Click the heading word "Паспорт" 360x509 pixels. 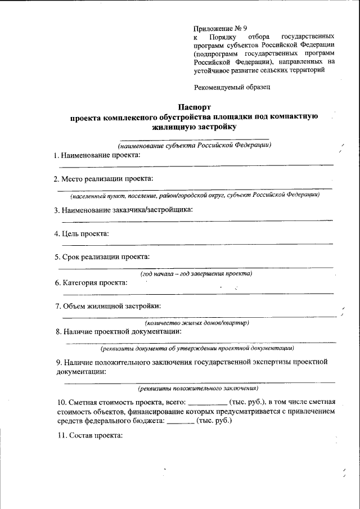coord(194,106)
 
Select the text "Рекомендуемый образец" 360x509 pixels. coord(232,87)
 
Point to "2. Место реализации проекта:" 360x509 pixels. coord(103,179)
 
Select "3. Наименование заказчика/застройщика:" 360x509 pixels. coord(124,210)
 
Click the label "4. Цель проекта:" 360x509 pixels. coord(82,233)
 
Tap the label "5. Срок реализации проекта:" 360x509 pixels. coord(102,256)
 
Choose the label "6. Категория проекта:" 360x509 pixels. coord(91,282)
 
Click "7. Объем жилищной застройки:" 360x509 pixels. coord(108,306)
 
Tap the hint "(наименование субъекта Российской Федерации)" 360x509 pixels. coord(191,146)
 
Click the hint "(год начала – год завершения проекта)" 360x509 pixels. coord(196,273)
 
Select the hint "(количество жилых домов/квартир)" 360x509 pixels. coord(197,323)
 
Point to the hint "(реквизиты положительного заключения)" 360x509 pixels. coord(197,388)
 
